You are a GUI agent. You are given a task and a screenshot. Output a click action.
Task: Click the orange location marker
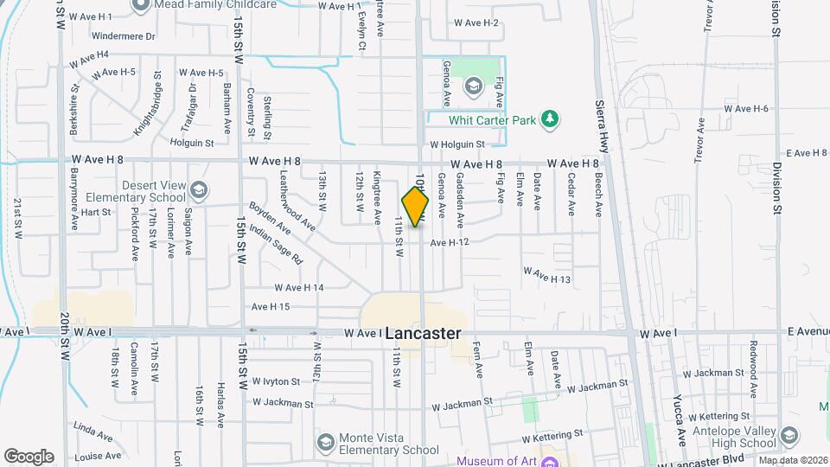pos(415,206)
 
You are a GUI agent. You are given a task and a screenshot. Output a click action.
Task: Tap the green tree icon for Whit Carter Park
pos(549,119)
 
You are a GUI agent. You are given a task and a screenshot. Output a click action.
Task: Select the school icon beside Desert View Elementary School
pos(200,189)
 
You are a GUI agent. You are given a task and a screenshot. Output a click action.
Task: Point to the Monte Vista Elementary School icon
pos(325,443)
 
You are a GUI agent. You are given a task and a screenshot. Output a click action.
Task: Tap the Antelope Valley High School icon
pos(788,436)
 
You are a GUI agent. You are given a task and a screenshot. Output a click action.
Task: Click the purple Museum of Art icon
pos(550,462)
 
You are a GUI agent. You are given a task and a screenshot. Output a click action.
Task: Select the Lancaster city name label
pos(423,333)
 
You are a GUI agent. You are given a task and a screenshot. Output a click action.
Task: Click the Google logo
pos(29,456)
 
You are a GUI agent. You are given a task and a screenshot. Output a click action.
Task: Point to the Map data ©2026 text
pos(793,460)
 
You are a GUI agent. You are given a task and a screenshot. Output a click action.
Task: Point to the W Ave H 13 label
pos(547,277)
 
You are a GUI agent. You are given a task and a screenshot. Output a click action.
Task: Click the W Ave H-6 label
pos(746,109)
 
